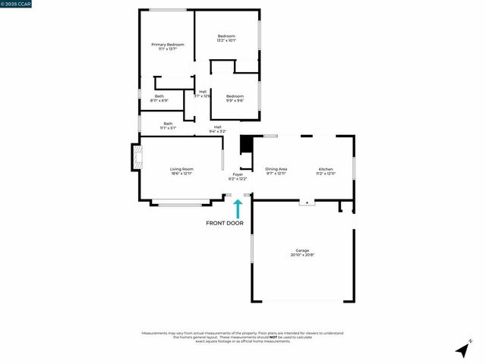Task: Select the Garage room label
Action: click(x=302, y=250)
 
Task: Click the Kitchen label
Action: click(x=325, y=169)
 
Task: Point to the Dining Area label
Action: click(x=276, y=169)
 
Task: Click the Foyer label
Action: click(x=238, y=174)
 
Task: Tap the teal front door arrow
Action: click(x=238, y=208)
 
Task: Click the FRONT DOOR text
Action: click(x=226, y=223)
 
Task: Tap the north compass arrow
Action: click(x=462, y=350)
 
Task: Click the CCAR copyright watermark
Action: click(x=17, y=5)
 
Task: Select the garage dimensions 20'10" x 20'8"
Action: click(x=302, y=255)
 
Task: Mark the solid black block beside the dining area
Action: click(x=245, y=145)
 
